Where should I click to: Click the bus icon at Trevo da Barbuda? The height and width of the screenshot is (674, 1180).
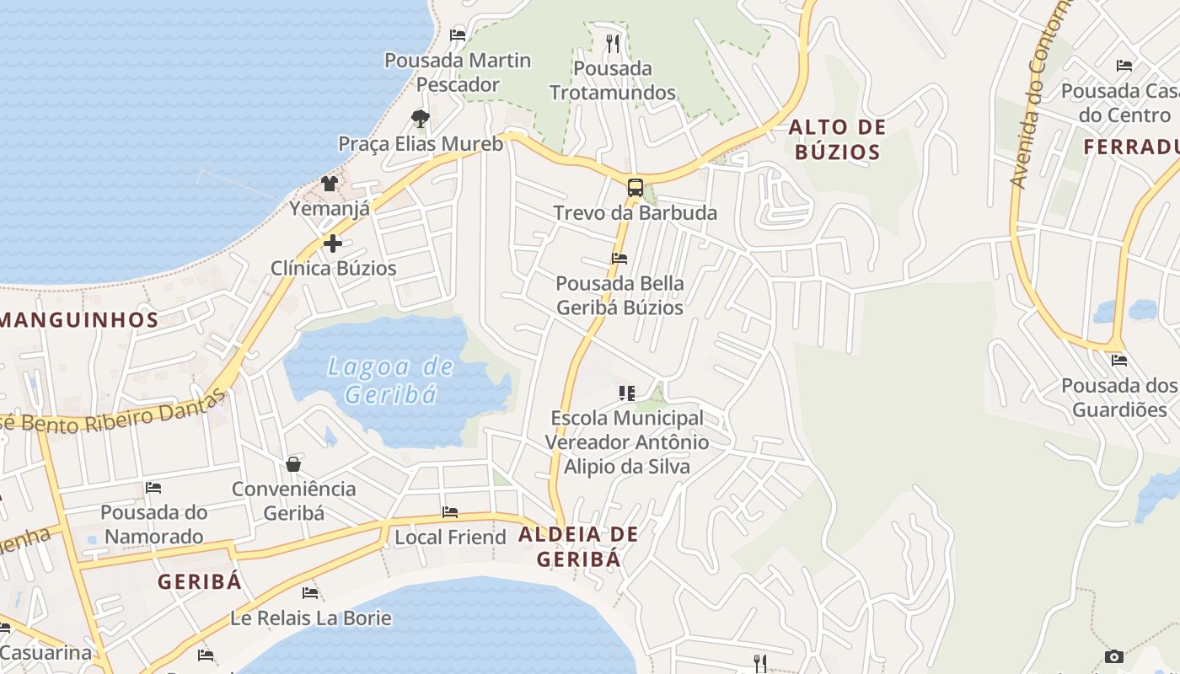(x=636, y=188)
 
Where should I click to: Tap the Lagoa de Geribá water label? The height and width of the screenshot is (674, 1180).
(x=391, y=380)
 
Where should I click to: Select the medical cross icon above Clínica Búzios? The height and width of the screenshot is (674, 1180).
(x=333, y=243)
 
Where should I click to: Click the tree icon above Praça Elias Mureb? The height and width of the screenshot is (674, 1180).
(x=421, y=119)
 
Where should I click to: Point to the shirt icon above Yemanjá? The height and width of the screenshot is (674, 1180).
(x=330, y=183)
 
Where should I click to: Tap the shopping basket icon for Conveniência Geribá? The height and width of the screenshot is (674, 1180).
(x=293, y=464)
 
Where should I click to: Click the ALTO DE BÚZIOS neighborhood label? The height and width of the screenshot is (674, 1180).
(x=837, y=140)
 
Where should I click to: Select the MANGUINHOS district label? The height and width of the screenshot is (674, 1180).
(x=80, y=320)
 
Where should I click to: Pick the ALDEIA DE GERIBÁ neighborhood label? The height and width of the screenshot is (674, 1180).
(x=578, y=546)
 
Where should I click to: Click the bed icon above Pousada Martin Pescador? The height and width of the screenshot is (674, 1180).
(x=458, y=35)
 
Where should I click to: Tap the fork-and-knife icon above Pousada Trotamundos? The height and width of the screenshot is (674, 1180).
(x=613, y=43)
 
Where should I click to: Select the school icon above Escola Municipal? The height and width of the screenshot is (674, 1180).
(x=626, y=393)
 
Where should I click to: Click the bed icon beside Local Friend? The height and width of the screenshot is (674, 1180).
(x=450, y=512)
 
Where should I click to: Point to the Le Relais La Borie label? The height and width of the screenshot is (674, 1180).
(x=311, y=618)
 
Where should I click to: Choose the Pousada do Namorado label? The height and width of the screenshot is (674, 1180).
(x=153, y=524)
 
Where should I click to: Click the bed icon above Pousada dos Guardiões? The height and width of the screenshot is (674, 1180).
(x=1119, y=361)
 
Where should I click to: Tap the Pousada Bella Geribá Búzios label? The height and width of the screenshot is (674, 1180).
(x=619, y=295)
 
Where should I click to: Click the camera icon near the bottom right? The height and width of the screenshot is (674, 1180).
(x=1113, y=656)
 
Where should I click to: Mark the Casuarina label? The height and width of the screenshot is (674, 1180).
(x=46, y=653)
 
